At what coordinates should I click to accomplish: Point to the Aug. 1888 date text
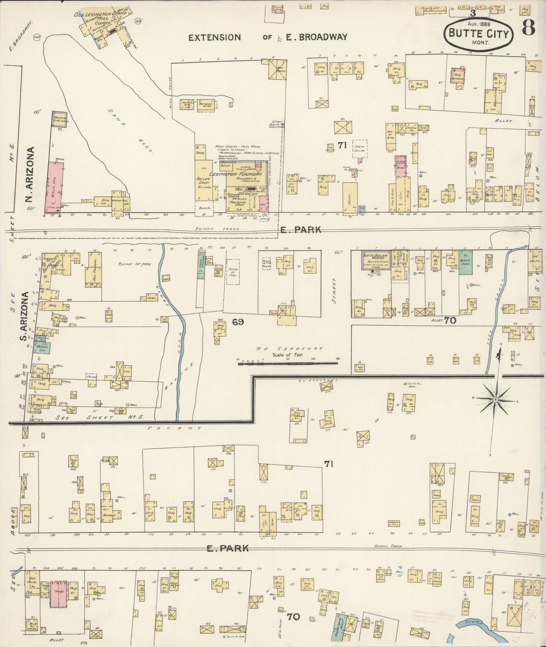(480, 23)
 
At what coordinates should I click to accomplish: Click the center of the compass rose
(495, 399)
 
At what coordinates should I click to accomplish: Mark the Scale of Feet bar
(287, 364)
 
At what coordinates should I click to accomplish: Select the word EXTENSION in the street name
(214, 37)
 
